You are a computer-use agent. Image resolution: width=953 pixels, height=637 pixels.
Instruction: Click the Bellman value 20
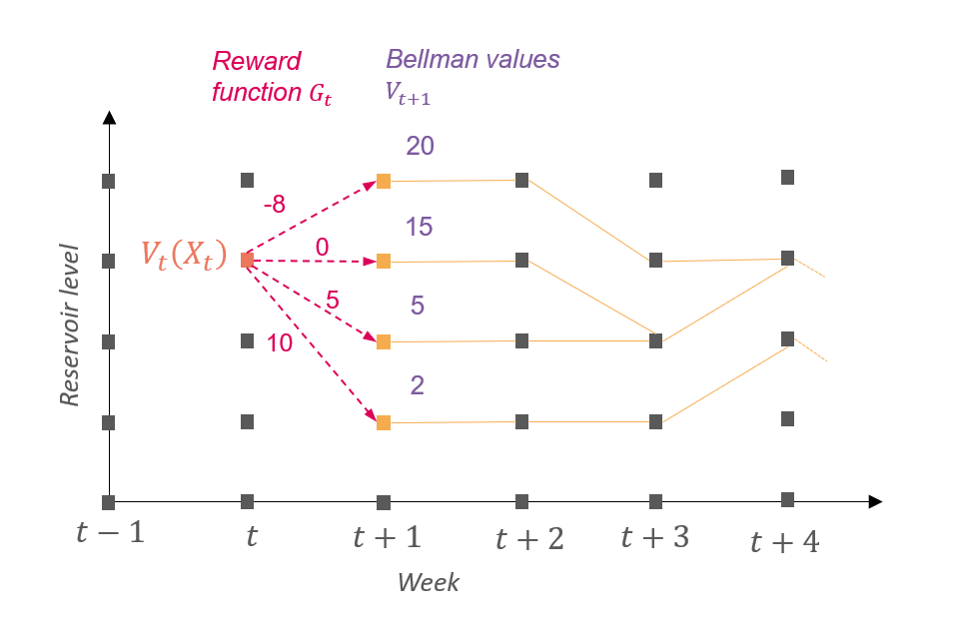point(420,147)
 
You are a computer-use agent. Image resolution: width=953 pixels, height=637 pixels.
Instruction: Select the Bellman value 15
point(419,228)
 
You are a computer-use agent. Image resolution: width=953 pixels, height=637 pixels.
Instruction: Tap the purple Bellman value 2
point(418,385)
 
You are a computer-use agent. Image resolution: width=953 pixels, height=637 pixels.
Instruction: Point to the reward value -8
point(273,205)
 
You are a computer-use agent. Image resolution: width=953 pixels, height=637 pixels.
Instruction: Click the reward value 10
point(280,344)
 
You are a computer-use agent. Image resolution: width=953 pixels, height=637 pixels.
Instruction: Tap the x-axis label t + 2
point(529,539)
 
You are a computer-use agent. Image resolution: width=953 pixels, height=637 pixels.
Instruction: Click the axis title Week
point(429,582)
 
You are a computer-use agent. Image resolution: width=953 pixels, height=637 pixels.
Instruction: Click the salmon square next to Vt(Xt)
point(247,261)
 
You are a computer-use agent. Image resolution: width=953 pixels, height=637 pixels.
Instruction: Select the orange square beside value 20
point(383,182)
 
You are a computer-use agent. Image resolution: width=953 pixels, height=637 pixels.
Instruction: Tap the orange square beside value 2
point(383,423)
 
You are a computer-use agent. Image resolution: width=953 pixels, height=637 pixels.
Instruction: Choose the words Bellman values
point(473,59)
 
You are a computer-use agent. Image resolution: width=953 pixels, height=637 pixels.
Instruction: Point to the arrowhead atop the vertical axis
point(109,118)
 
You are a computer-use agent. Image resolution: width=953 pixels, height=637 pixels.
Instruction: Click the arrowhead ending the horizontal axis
point(876,501)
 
